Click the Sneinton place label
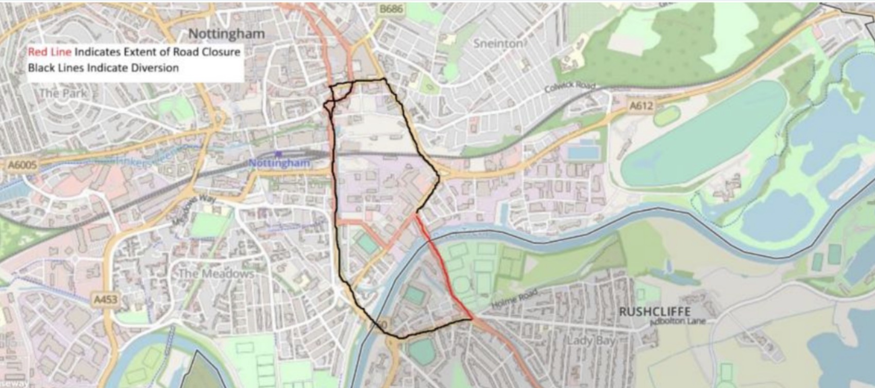(x=498, y=43)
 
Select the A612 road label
(x=641, y=106)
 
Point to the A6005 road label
(x=23, y=165)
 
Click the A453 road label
(x=106, y=299)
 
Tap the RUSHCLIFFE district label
(x=654, y=312)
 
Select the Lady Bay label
(x=591, y=341)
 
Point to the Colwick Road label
(x=570, y=88)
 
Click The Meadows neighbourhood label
(x=216, y=273)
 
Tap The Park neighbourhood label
(x=63, y=93)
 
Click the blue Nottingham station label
(x=279, y=163)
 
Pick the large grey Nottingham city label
(x=226, y=34)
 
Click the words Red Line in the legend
(x=49, y=52)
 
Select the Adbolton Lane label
(x=678, y=321)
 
